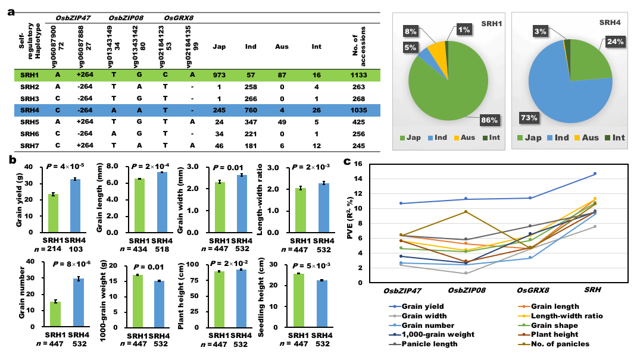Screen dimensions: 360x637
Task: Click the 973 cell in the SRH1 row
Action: [x=219, y=75]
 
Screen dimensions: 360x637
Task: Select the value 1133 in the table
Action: [x=358, y=75]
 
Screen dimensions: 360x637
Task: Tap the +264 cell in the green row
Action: [x=85, y=75]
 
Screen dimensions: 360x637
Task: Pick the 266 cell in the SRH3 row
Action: [x=251, y=99]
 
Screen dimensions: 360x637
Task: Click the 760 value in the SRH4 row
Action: [x=251, y=110]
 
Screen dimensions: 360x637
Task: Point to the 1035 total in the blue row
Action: [x=358, y=110]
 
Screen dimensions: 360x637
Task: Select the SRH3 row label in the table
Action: [x=30, y=99]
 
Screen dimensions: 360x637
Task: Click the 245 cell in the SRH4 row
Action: [x=219, y=110]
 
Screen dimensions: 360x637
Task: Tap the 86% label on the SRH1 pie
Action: [x=489, y=120]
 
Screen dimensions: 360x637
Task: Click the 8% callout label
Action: [x=411, y=31]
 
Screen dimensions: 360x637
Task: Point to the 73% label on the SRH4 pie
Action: [x=529, y=118]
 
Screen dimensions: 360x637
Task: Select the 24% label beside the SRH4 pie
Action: [x=615, y=42]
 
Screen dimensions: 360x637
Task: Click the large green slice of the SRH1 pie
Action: [x=452, y=89]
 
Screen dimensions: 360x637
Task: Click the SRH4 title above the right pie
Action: [x=610, y=23]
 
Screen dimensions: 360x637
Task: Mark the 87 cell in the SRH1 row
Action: [x=282, y=75]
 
